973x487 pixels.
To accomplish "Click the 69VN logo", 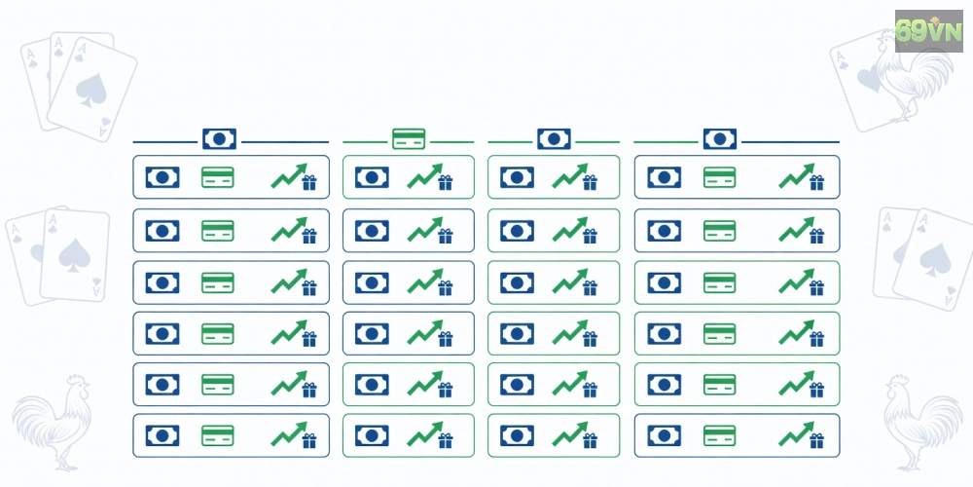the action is [x=928, y=30].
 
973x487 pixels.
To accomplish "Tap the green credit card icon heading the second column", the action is [x=409, y=138].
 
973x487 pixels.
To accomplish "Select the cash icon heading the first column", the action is [x=219, y=138].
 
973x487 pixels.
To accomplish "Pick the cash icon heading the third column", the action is [x=555, y=138].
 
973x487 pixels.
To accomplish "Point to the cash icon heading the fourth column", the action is [x=720, y=138].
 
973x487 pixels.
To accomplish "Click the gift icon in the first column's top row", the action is [x=309, y=183].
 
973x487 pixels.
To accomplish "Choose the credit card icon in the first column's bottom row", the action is [x=218, y=435].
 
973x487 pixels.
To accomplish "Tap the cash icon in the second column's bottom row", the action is [x=373, y=435].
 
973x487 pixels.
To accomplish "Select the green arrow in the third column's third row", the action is [x=568, y=281].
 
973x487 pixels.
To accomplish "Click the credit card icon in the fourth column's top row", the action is [x=720, y=177].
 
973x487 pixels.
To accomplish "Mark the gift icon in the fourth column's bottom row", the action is [x=817, y=441].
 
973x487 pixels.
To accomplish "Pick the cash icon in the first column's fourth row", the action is [x=162, y=333].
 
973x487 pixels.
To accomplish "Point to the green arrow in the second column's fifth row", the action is [x=423, y=383].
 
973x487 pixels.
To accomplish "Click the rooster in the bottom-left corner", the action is [x=53, y=422].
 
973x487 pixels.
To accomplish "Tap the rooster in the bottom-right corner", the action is [x=922, y=422].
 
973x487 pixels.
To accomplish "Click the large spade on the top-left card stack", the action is [x=91, y=90].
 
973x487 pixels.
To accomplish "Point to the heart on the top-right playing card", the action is [x=869, y=80].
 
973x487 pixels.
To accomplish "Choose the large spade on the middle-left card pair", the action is [x=75, y=254].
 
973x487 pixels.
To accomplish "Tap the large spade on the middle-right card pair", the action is [x=935, y=260].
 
